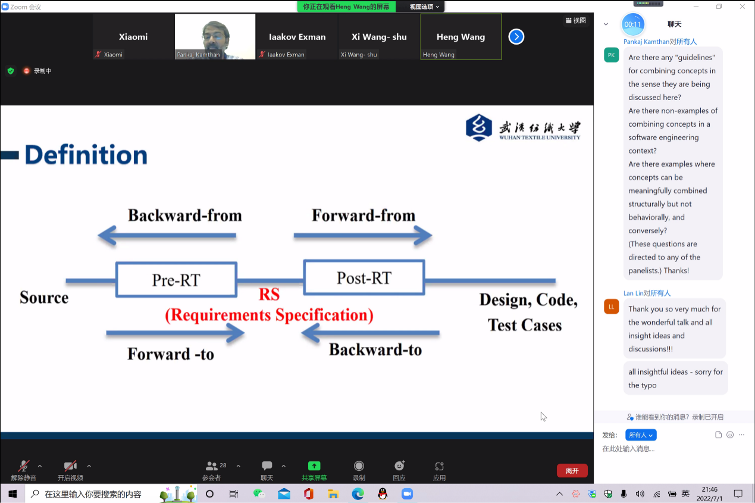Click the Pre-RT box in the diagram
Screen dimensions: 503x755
coord(176,279)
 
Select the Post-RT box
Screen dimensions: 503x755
coord(364,277)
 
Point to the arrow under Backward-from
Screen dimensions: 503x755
coord(167,236)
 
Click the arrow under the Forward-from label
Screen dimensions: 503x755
coord(363,236)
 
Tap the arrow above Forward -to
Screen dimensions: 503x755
coord(176,333)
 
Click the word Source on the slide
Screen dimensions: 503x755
coord(44,298)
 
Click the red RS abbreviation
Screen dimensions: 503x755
coord(269,295)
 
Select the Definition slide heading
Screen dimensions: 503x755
coord(86,155)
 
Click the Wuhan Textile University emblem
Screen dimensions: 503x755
coord(479,127)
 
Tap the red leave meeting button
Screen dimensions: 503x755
coord(572,471)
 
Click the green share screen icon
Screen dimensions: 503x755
coord(314,466)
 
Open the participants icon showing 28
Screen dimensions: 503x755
coord(212,466)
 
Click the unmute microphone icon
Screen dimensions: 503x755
coord(24,466)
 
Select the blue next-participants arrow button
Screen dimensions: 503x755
coord(516,37)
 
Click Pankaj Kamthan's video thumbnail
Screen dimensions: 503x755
coord(215,36)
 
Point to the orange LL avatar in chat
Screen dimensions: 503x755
coord(611,307)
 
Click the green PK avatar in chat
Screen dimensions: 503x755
coord(611,55)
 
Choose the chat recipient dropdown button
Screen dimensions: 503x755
coord(641,435)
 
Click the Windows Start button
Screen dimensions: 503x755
coord(12,493)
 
